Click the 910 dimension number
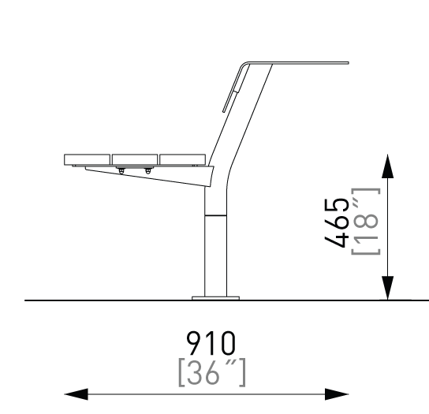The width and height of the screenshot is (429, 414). [211, 343]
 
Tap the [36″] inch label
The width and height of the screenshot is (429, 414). [212, 373]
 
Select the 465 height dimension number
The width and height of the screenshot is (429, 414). [337, 222]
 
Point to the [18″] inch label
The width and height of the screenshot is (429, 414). [366, 222]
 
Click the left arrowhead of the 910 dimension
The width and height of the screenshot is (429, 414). [76, 394]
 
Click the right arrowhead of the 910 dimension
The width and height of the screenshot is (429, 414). [337, 394]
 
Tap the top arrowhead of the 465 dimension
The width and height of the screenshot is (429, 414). [387, 166]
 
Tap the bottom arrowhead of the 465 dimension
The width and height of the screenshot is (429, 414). [387, 288]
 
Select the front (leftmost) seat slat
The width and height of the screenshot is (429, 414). [87, 159]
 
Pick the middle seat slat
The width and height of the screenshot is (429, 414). [135, 159]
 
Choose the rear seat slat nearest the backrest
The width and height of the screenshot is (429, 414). [182, 159]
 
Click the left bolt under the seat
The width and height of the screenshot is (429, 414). [121, 171]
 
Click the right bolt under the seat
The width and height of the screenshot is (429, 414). [147, 171]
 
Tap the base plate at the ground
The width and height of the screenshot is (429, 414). [215, 298]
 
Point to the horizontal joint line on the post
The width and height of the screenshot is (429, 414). [215, 215]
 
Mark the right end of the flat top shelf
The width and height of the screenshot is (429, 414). [349, 63]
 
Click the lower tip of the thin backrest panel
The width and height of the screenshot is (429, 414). [223, 111]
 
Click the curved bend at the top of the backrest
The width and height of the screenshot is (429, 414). [244, 65]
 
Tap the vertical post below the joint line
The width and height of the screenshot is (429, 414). [215, 255]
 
